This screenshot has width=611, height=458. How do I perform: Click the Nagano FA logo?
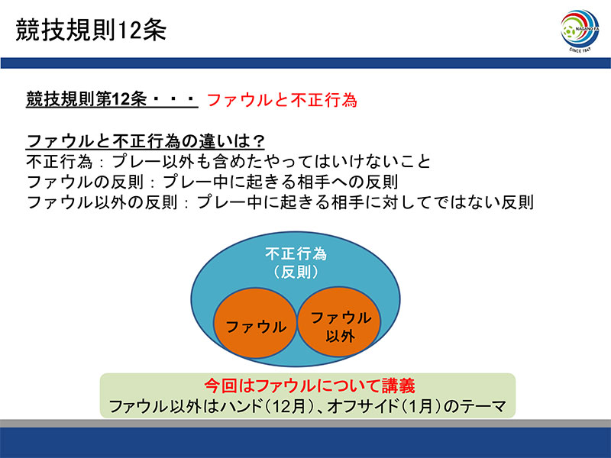(580, 31)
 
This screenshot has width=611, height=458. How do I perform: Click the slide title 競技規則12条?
(91, 30)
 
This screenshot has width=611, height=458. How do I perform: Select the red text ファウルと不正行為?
(281, 100)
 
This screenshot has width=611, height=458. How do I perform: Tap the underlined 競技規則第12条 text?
(86, 99)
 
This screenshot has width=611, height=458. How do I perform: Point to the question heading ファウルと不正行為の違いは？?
(146, 141)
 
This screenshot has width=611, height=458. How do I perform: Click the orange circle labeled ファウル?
(255, 323)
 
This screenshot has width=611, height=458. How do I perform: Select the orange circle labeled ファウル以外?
(339, 321)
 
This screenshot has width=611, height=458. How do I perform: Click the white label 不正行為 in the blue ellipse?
(296, 254)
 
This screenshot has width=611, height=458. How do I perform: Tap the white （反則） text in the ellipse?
(296, 272)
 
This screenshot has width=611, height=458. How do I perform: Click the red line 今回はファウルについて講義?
(309, 385)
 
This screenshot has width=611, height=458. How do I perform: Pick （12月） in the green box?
(289, 406)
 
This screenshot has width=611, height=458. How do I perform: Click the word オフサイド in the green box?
(362, 406)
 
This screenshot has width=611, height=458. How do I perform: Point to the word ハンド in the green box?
(241, 406)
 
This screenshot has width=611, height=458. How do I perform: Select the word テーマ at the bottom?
(483, 406)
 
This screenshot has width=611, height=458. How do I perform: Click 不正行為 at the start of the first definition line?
(60, 162)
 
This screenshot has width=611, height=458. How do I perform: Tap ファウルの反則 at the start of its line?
(86, 182)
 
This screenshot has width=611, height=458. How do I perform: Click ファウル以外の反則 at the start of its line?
(102, 202)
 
